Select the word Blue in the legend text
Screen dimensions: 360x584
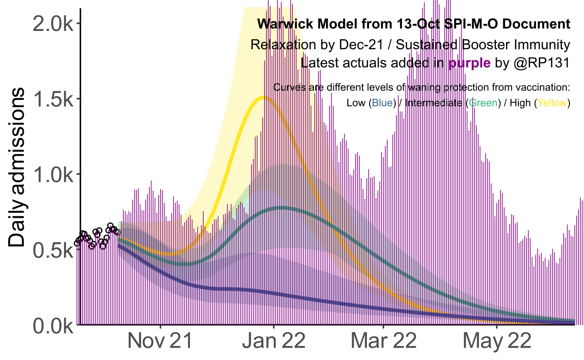(x=382, y=103)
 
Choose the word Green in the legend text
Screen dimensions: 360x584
(x=483, y=103)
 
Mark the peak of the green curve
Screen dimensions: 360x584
(x=283, y=208)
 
